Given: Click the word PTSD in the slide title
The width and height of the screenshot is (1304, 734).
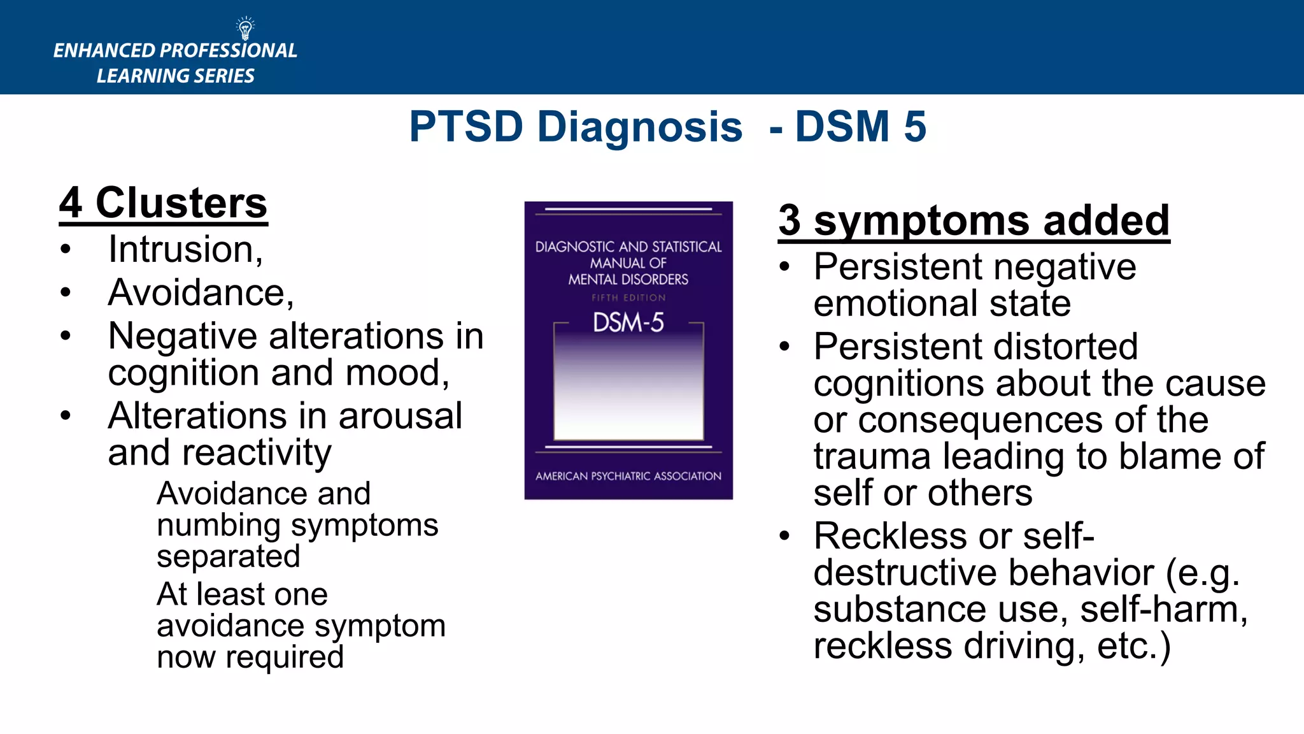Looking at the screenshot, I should [465, 126].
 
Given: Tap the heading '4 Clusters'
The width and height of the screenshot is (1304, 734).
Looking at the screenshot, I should [163, 203].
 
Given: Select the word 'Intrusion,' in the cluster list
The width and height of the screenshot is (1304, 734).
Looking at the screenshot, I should [185, 249].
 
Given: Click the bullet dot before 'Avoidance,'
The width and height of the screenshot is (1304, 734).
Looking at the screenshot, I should [66, 293].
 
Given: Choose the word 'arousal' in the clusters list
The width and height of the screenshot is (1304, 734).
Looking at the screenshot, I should [400, 416].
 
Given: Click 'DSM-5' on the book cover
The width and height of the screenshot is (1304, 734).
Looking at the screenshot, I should [628, 322].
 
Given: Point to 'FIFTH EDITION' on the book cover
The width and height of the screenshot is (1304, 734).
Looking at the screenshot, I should [628, 298].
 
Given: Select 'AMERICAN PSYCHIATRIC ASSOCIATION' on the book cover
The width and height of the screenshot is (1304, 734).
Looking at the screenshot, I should [628, 476].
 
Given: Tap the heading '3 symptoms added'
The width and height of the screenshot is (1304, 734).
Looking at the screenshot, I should [974, 220].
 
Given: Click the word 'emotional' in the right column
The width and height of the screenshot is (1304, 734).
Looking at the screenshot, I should [895, 303].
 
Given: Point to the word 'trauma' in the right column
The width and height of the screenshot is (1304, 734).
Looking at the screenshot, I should [872, 457].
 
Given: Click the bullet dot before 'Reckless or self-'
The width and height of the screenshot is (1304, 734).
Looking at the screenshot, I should [784, 536].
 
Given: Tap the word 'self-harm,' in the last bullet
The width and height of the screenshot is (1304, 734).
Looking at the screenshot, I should [1164, 610].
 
